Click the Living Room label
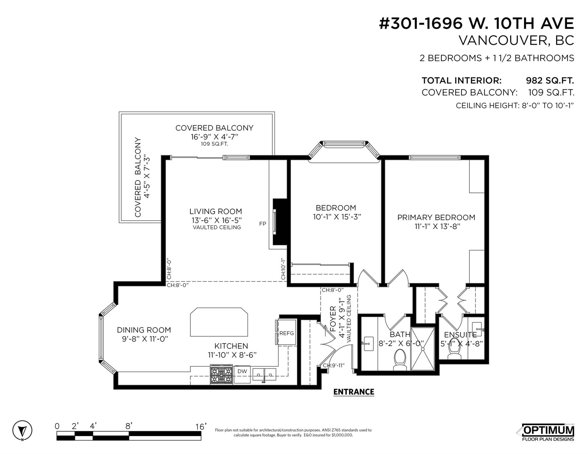216,211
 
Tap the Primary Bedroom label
436,218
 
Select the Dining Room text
144,330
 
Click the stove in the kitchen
221,374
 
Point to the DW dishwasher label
242,371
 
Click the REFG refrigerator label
287,334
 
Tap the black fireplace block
280,222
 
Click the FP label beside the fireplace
262,224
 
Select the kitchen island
219,322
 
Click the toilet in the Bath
400,360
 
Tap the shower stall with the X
423,349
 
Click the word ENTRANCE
354,392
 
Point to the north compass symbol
22,430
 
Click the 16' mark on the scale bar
201,426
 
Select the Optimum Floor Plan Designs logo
548,432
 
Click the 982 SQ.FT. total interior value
550,80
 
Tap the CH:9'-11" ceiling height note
334,366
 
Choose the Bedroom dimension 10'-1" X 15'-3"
337,217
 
